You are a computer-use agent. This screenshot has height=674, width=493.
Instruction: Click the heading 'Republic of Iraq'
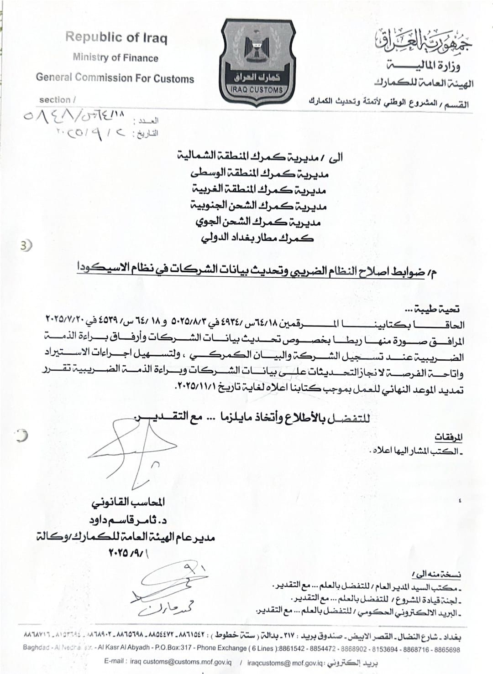(116, 37)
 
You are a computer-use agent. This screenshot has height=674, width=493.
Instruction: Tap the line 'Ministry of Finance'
(115, 58)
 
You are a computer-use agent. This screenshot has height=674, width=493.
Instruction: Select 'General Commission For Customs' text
(115, 78)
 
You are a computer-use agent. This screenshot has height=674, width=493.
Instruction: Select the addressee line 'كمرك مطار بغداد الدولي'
(257, 237)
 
